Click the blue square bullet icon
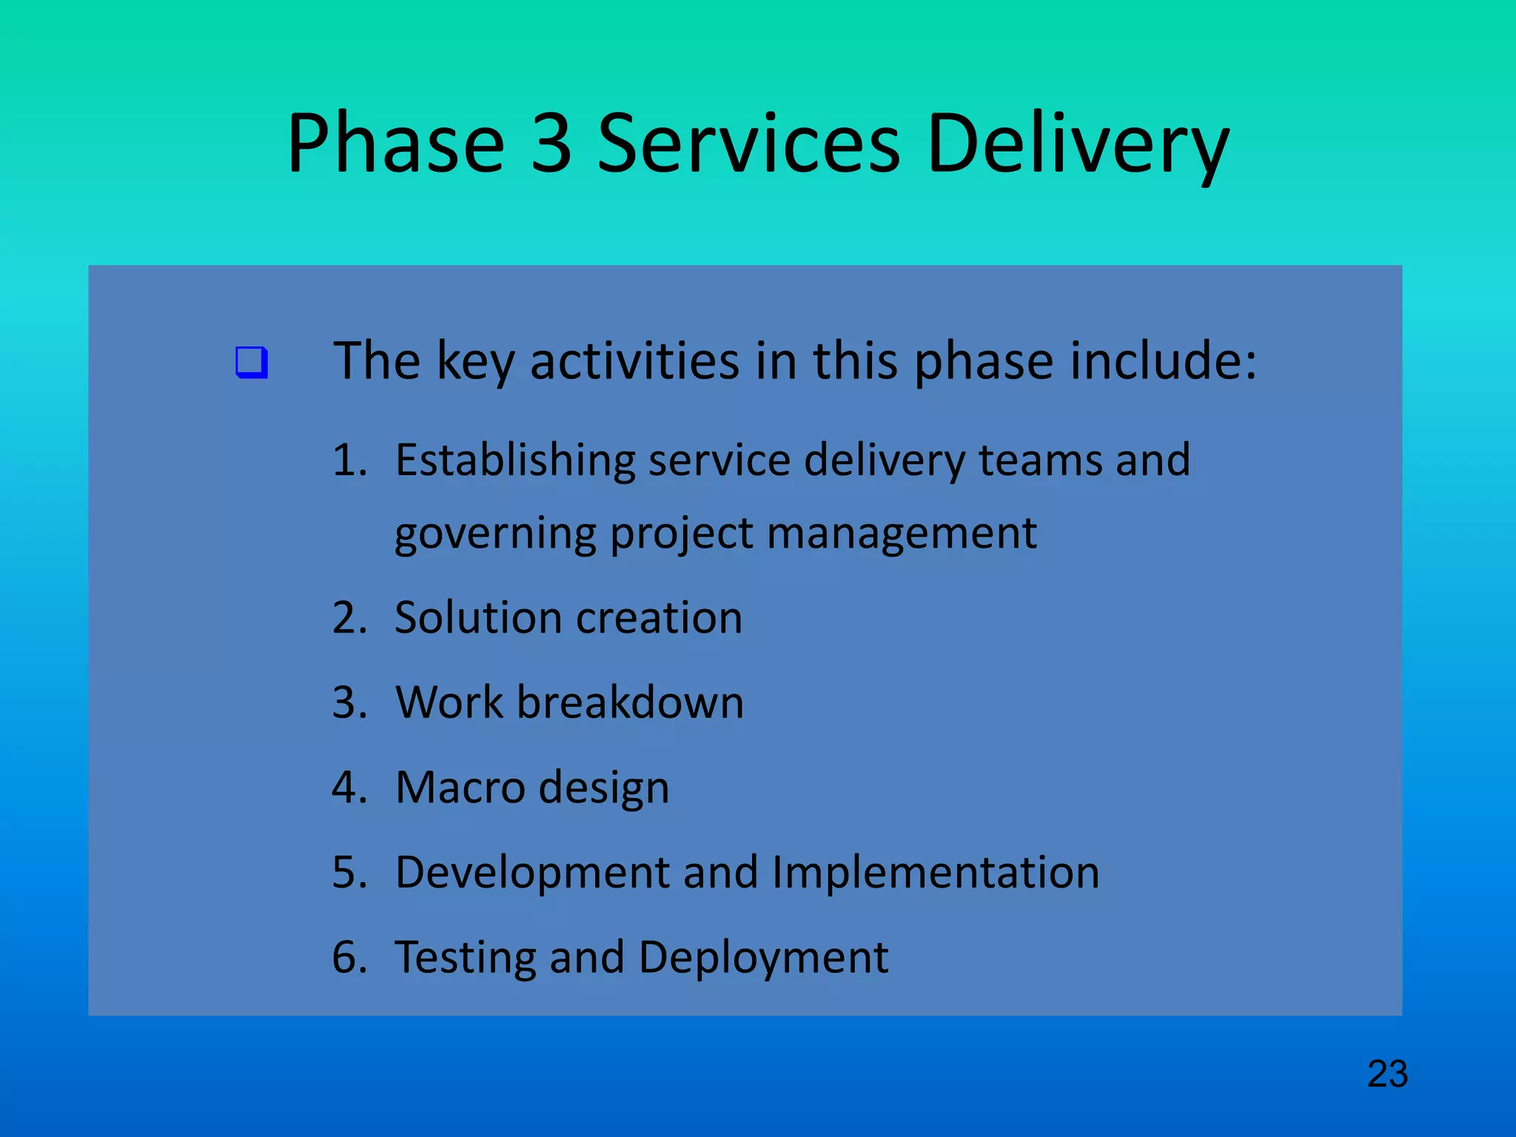click(252, 363)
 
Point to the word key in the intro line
click(475, 362)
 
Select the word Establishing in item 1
click(514, 461)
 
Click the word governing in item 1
click(495, 534)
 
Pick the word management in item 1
click(902, 533)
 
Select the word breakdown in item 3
click(630, 702)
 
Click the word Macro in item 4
click(460, 787)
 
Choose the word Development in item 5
click(532, 872)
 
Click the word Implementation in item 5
click(936, 872)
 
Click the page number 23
click(1387, 1074)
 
